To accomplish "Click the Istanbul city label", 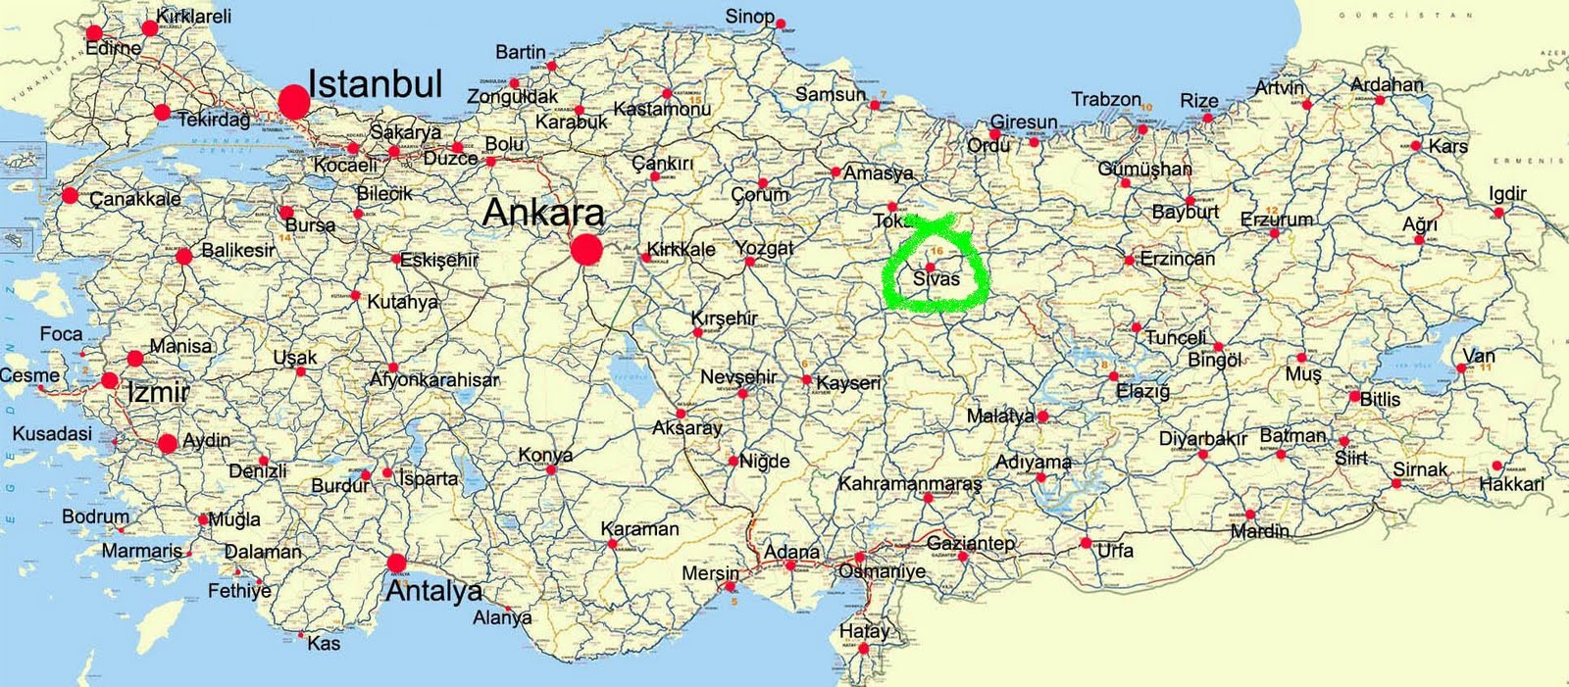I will [376, 84].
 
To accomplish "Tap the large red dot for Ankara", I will [586, 250].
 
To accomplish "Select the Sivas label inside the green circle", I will [936, 279].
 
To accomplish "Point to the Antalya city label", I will [433, 591].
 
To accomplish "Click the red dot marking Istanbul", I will [292, 102].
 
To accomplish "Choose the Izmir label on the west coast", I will [158, 393].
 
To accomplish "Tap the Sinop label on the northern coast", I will [750, 17].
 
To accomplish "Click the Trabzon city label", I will [1106, 99].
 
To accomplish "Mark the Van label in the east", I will [1479, 356].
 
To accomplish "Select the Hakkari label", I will [1511, 484].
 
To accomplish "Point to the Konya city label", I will [545, 456].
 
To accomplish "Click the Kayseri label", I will [848, 383].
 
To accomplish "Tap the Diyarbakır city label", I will [1202, 439].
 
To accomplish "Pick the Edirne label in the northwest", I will [113, 48].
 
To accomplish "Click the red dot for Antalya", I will [396, 563].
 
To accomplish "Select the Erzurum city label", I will [1276, 219].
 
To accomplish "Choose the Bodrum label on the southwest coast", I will [95, 516].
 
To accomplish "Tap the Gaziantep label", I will [971, 543].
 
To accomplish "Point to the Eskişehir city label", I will [439, 261].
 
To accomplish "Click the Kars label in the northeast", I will [1448, 146].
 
